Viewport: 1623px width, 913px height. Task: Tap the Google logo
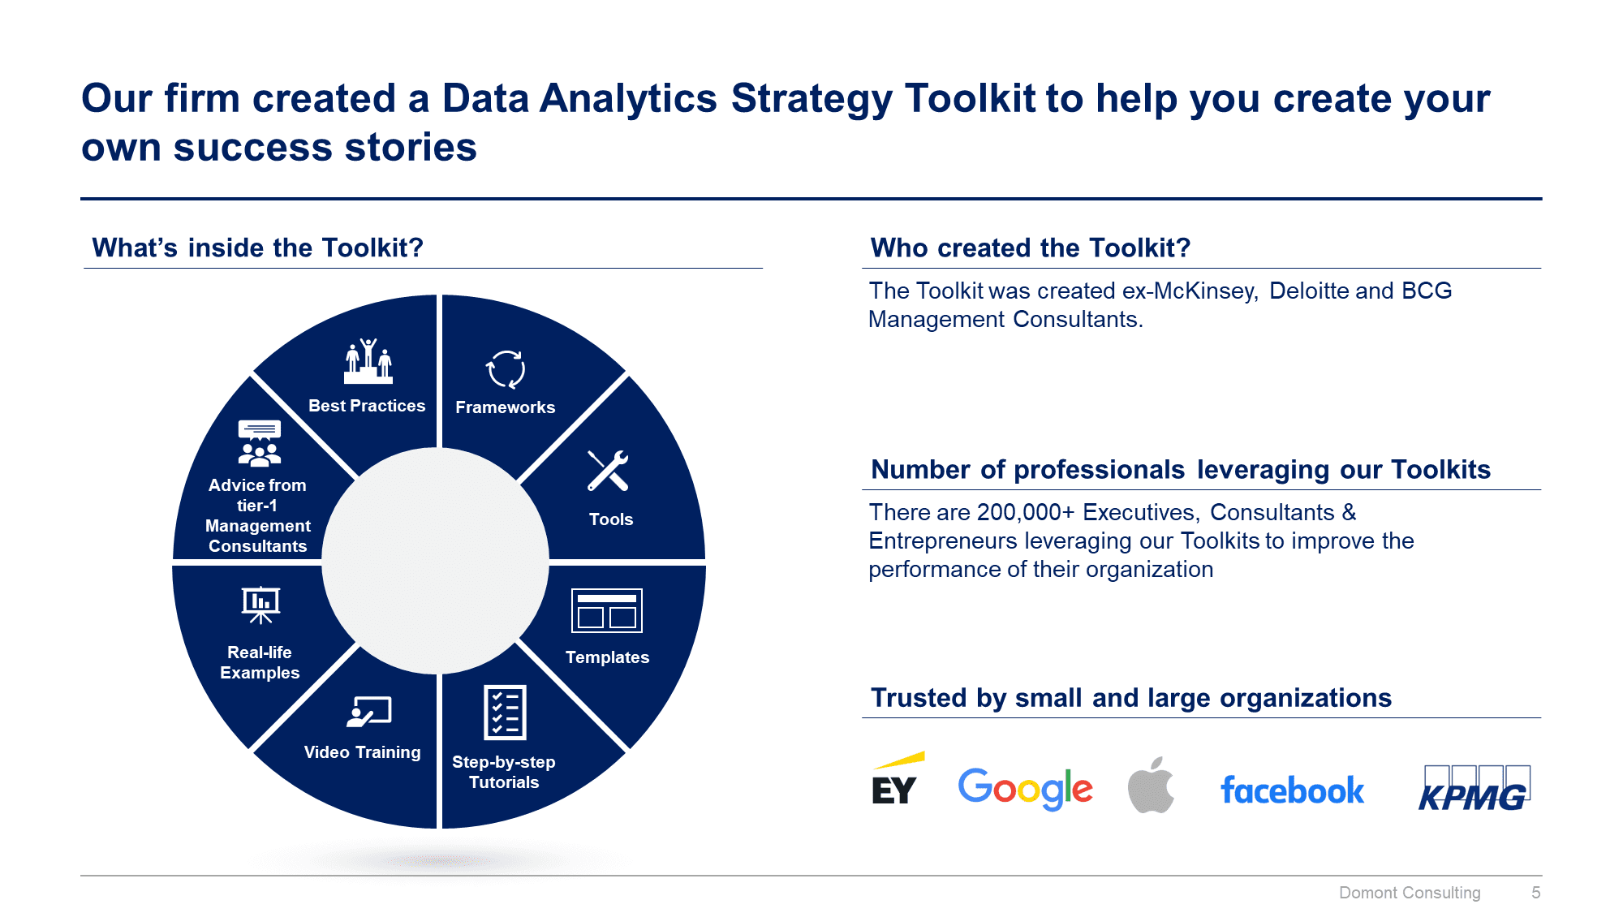1025,788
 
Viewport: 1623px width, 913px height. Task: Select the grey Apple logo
1151,786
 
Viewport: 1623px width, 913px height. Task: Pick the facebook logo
1292,790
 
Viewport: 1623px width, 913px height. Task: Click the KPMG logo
1474,789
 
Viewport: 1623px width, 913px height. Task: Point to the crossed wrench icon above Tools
608,471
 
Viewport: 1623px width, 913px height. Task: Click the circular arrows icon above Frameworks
506,370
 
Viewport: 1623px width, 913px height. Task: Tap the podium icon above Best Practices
368,362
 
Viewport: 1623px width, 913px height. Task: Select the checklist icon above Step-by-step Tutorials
505,713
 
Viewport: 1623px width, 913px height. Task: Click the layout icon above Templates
607,610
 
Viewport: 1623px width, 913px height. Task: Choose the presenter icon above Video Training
369,712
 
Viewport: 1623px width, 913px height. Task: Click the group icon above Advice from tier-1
260,444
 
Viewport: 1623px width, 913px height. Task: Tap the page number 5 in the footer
1535,893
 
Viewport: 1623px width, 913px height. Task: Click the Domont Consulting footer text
1410,893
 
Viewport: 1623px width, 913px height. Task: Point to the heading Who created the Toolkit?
1030,248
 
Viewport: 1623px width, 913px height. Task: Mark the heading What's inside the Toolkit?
258,248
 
